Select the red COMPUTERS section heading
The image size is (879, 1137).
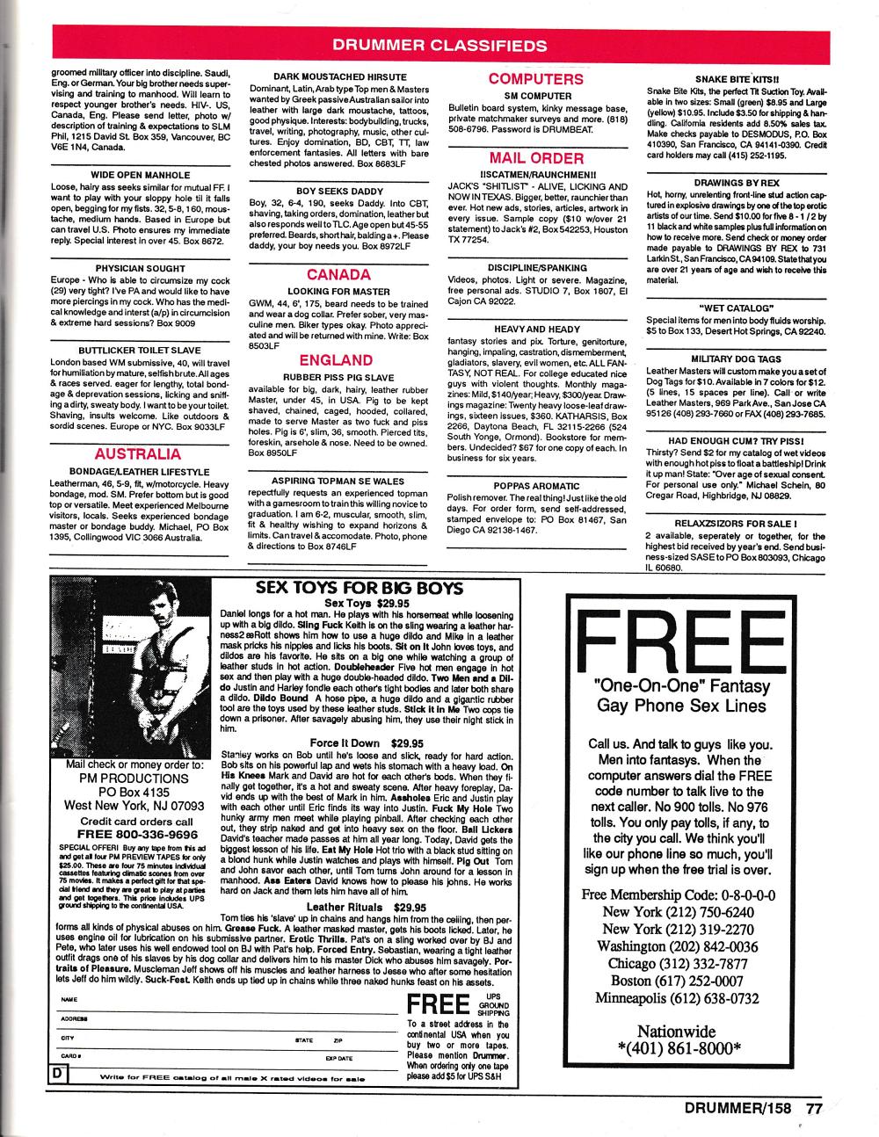click(536, 79)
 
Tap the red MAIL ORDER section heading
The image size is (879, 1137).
click(536, 158)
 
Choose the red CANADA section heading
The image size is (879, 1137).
click(338, 275)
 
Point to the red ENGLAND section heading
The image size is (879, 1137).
click(336, 359)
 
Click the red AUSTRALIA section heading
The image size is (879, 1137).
click(137, 454)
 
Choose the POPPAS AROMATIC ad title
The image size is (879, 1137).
click(536, 485)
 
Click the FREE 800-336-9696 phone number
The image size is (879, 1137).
click(136, 834)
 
